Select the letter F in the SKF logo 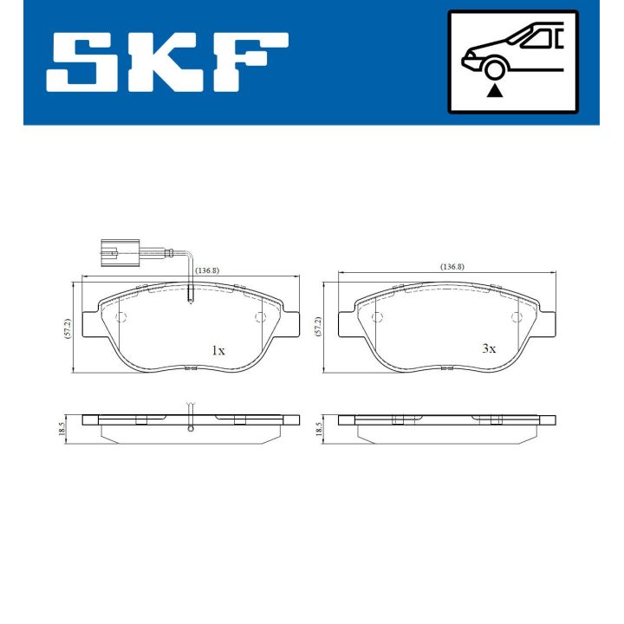point(251,63)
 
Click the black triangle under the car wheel point(494,90)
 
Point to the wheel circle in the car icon point(494,69)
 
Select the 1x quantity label point(218,351)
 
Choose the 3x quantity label point(489,348)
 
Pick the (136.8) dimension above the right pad point(452,266)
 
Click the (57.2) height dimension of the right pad point(318,325)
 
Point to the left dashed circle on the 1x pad point(120,317)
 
